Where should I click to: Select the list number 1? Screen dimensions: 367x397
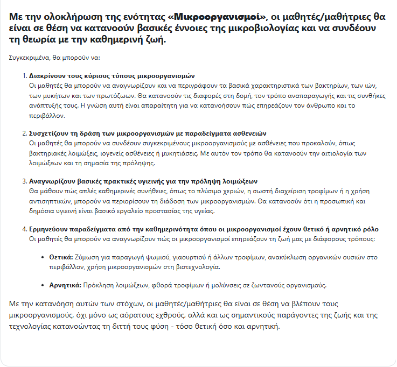coord(24,76)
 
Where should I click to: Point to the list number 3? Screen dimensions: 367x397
coord(24,181)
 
